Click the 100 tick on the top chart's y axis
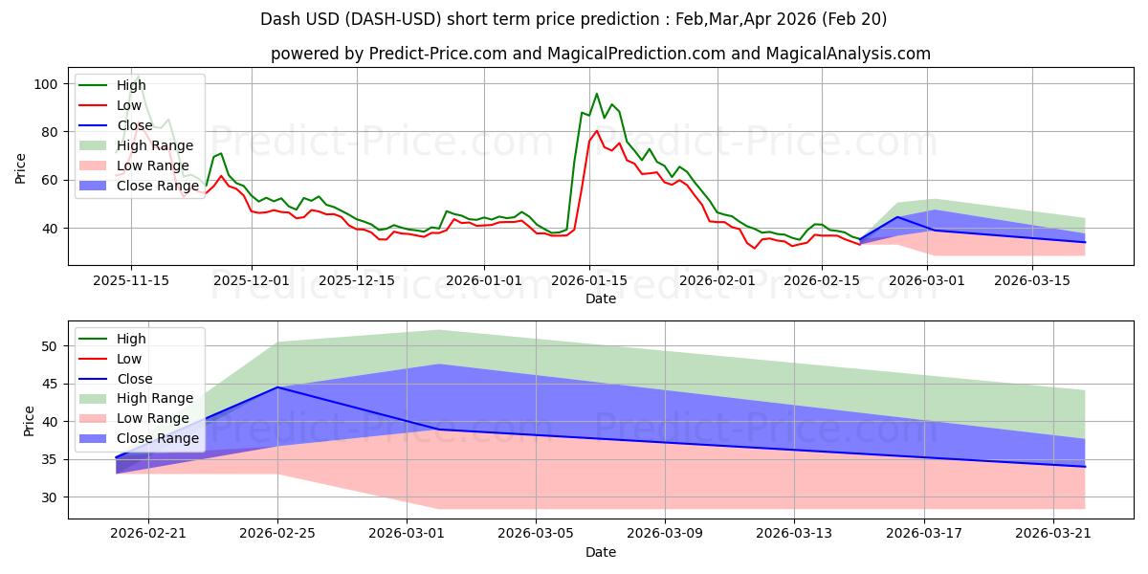[x=46, y=84]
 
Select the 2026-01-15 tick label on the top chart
[x=589, y=281]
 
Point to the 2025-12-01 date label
[x=251, y=281]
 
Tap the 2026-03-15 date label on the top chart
[x=1032, y=281]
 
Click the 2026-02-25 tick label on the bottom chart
[x=277, y=534]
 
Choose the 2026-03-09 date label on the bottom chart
[x=665, y=534]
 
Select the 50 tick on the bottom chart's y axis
[x=49, y=346]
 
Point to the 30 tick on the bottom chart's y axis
[x=49, y=497]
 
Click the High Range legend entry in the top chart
[x=136, y=145]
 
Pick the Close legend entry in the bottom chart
[x=116, y=379]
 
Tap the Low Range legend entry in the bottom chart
[x=134, y=418]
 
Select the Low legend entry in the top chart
[x=110, y=105]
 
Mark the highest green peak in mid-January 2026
[x=597, y=94]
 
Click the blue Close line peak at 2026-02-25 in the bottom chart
[x=277, y=386]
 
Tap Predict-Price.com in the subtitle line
[x=438, y=54]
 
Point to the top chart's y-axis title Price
[x=20, y=168]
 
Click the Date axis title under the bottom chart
[x=601, y=552]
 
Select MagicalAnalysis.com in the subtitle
[x=849, y=54]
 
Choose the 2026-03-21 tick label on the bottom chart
[x=1053, y=534]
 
